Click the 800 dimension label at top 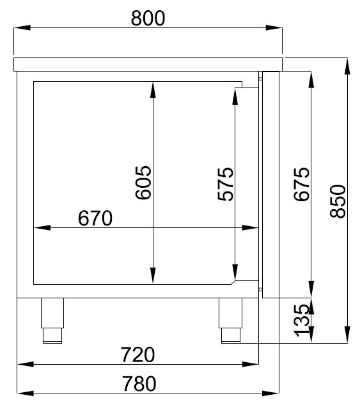(x=148, y=19)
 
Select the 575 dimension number (x=225, y=184)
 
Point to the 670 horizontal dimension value (x=95, y=218)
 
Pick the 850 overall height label (x=337, y=201)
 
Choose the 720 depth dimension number (x=138, y=353)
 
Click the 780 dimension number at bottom (x=138, y=383)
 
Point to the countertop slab (x=148, y=63)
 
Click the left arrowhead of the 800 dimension (x=21, y=27)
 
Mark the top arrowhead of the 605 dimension (x=153, y=89)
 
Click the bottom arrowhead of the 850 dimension (x=347, y=336)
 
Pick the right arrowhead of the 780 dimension (x=273, y=392)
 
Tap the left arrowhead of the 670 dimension (x=40, y=227)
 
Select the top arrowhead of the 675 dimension (x=311, y=79)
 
